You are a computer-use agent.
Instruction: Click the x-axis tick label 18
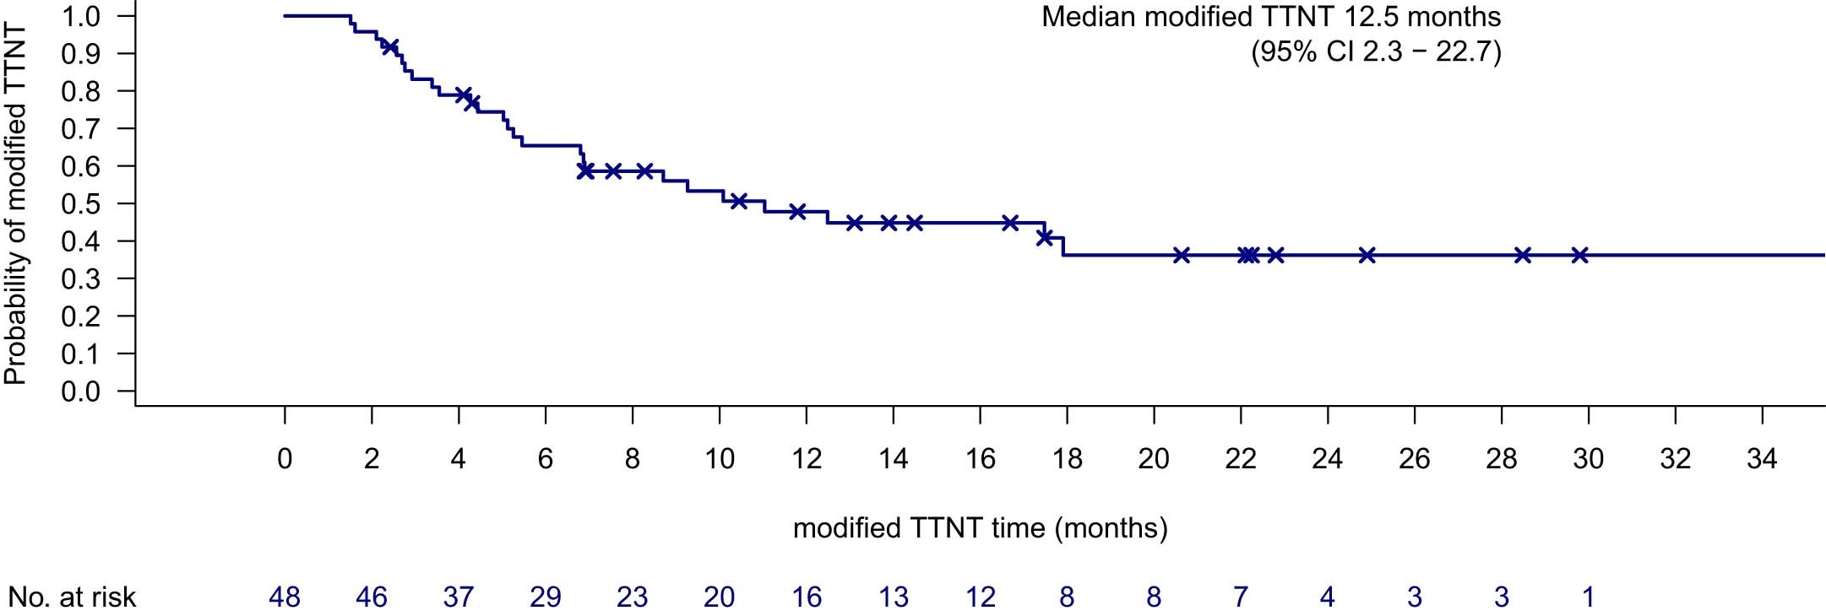click(1067, 458)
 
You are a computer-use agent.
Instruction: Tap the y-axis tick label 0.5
click(81, 204)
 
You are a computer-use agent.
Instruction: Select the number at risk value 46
click(372, 597)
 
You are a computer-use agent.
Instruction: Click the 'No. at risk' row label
click(72, 597)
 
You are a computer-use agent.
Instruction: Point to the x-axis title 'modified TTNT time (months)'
click(980, 528)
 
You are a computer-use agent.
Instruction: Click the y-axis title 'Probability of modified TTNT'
click(15, 204)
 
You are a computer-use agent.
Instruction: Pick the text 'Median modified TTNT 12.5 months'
click(1270, 17)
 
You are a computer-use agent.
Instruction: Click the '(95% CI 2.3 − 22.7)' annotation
click(1376, 52)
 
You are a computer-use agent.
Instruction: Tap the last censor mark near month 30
click(1579, 255)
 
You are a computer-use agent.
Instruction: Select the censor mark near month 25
click(1367, 255)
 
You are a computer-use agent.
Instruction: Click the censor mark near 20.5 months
click(1182, 255)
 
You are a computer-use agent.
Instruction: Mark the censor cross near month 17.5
click(1045, 237)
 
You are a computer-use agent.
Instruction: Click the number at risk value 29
click(546, 597)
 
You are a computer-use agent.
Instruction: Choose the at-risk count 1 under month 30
click(1588, 597)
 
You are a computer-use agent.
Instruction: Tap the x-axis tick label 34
click(1762, 458)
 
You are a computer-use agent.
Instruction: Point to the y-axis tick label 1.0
click(81, 17)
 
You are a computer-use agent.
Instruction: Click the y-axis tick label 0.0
click(81, 392)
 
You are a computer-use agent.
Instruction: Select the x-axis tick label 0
click(285, 458)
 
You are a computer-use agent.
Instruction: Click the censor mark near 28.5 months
click(1523, 255)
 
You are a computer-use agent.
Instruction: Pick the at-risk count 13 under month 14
click(893, 597)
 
